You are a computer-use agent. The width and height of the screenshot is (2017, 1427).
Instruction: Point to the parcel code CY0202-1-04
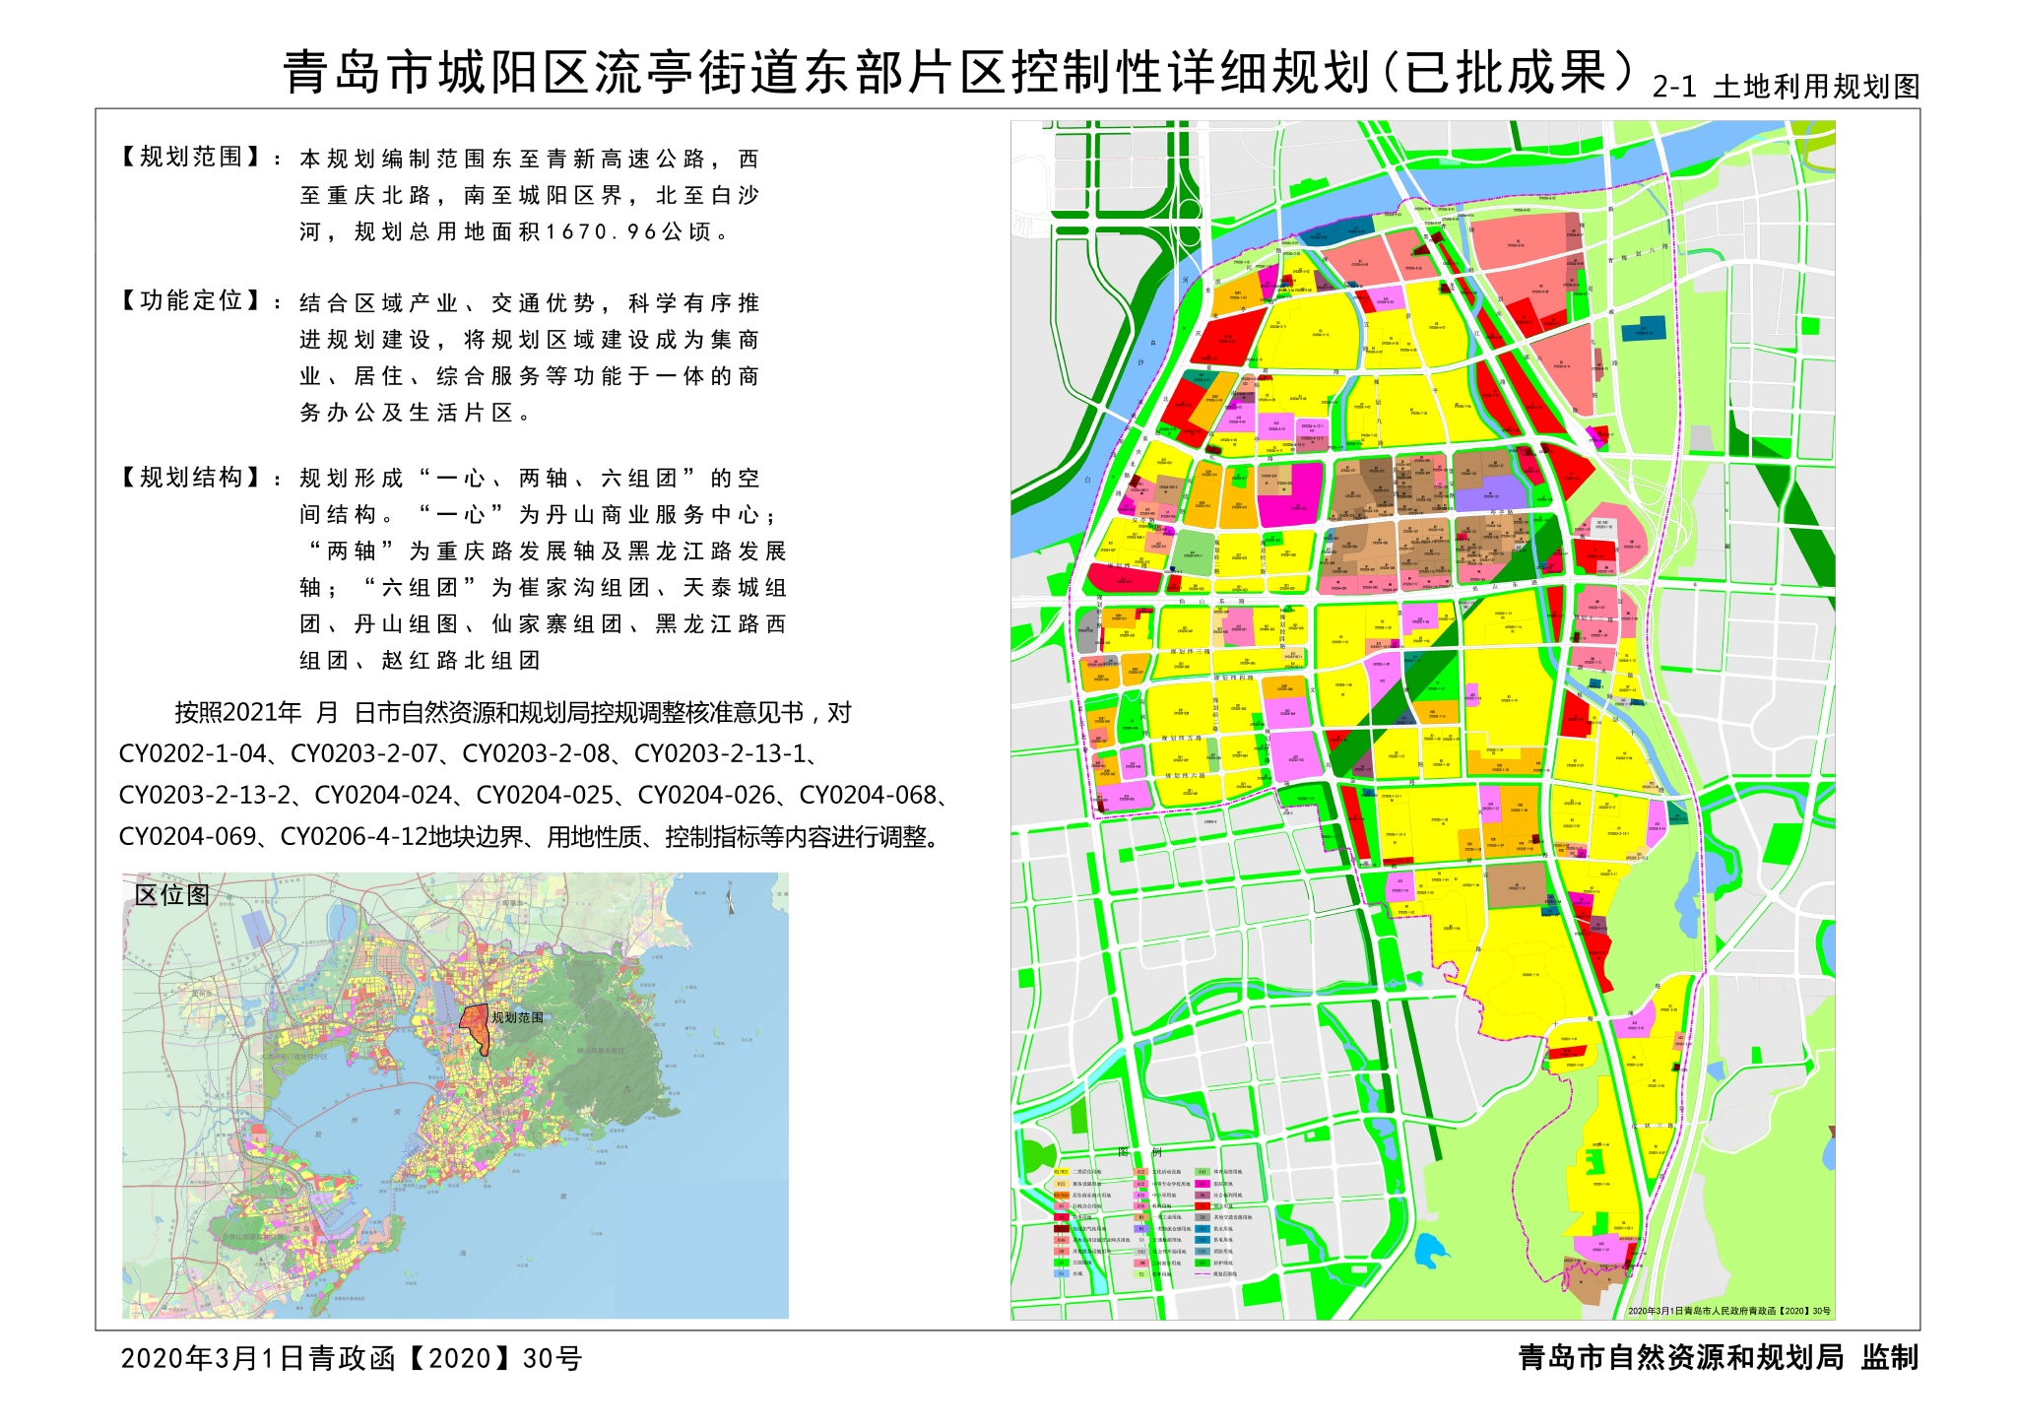coord(193,754)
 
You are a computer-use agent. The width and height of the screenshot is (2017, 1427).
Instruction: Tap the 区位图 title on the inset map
coord(171,895)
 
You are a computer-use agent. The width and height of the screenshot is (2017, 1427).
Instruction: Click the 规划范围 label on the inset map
coord(517,1017)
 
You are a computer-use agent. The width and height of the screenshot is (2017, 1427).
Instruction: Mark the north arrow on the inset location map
coord(730,897)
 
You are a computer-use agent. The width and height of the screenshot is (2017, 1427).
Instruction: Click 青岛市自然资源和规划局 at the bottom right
coord(1680,1358)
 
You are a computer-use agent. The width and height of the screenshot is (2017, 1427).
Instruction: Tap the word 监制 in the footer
coord(1889,1358)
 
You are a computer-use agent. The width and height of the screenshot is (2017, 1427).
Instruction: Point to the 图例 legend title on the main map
coord(1140,1152)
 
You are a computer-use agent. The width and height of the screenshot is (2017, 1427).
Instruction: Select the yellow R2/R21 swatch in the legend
coord(1062,1172)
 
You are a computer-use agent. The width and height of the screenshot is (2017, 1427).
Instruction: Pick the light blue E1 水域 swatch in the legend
coord(1062,1273)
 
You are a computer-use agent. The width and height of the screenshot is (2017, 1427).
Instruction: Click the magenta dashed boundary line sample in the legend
coord(1202,1273)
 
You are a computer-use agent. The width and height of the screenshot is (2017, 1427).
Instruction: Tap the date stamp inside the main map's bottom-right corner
coord(1728,1311)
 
